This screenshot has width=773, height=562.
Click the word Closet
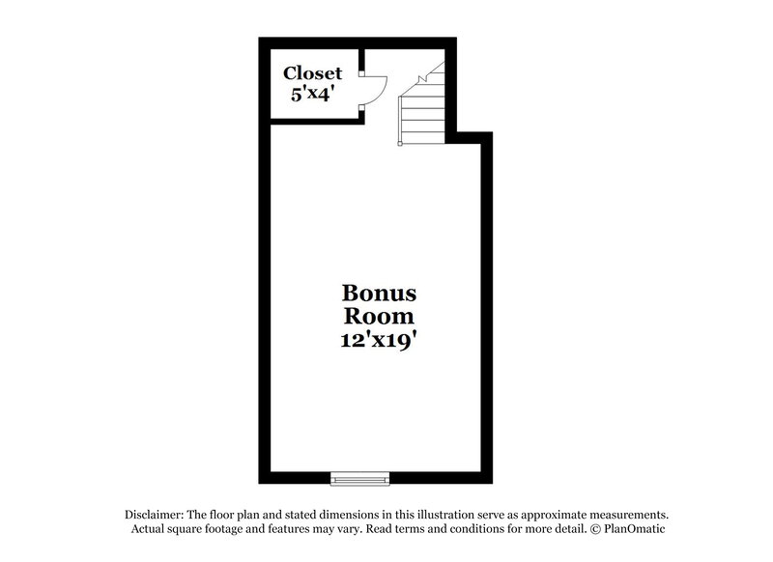[312, 74]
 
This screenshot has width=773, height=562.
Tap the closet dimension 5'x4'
[312, 95]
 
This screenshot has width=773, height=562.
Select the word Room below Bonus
[378, 316]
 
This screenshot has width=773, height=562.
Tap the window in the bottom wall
[359, 477]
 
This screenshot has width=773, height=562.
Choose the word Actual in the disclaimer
[148, 529]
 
